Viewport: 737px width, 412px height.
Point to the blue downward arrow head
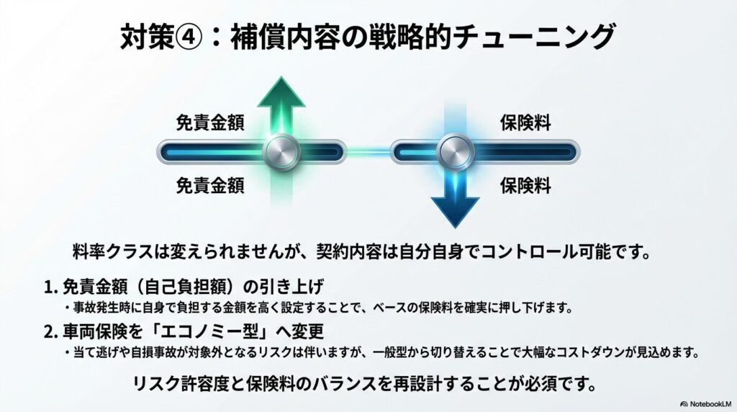click(456, 209)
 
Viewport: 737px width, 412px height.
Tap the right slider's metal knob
click(456, 152)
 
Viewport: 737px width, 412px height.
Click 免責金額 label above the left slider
click(210, 122)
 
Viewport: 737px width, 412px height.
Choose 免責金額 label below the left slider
click(210, 186)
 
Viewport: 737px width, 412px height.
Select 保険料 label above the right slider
click(525, 122)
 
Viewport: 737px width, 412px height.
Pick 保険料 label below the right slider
click(525, 186)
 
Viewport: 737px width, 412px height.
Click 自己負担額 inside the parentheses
click(186, 287)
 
